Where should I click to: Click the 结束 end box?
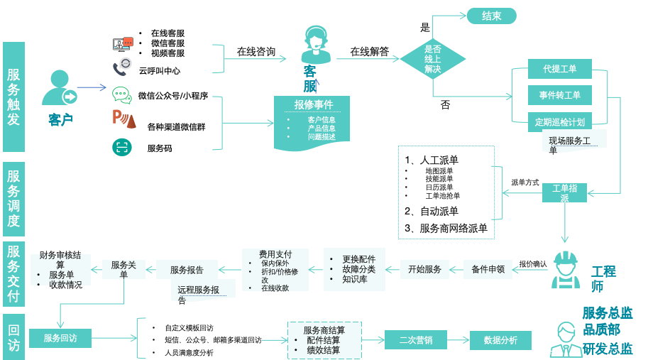tap(491, 16)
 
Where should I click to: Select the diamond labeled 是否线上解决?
tap(433, 59)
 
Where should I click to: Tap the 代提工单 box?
tap(559, 69)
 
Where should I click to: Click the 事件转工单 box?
tap(559, 95)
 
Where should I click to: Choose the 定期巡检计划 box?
tap(559, 121)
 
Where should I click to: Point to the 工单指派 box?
tap(564, 192)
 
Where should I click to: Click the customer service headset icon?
tap(314, 44)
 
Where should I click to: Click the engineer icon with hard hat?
tap(566, 271)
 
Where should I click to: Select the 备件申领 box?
tap(488, 269)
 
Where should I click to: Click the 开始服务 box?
tap(424, 269)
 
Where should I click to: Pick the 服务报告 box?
tap(187, 270)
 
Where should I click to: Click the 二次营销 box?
tap(415, 340)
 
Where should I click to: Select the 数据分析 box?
tap(500, 340)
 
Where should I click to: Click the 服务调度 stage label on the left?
tap(13, 199)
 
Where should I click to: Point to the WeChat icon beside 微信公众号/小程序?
tap(121, 95)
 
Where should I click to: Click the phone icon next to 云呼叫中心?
tap(121, 68)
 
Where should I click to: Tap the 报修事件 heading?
tap(313, 104)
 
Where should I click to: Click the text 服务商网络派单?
tap(454, 229)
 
